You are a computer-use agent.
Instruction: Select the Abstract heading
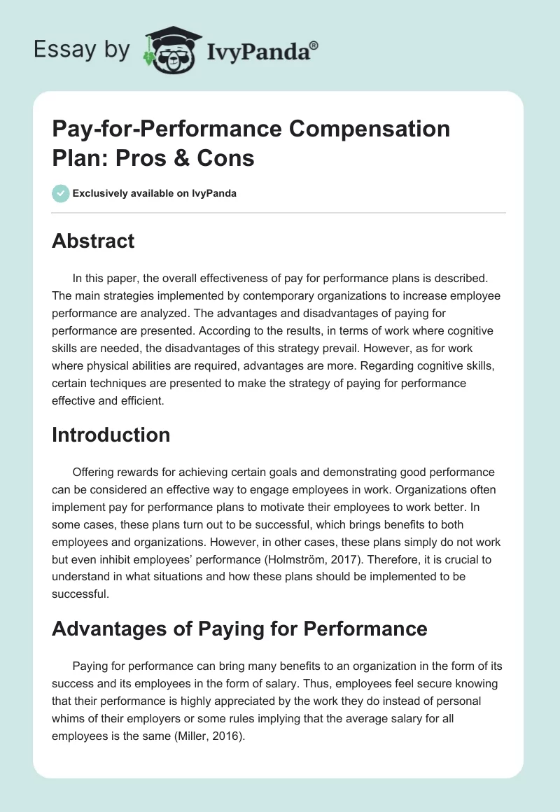coord(93,241)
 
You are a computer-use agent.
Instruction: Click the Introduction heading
coord(111,435)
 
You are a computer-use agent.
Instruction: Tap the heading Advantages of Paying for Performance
coord(239,628)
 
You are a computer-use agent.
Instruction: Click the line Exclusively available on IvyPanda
coord(155,193)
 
